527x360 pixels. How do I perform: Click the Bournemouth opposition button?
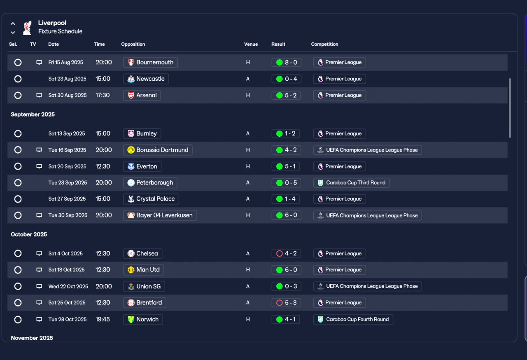[x=150, y=62]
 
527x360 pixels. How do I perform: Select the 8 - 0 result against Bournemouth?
[x=286, y=62]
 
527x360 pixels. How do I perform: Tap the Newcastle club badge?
[x=131, y=79]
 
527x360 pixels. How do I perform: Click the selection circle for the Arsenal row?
[x=18, y=95]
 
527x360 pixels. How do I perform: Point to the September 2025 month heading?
[x=33, y=115]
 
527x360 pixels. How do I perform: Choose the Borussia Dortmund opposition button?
[x=158, y=150]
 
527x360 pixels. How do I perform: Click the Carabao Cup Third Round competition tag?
[x=351, y=182]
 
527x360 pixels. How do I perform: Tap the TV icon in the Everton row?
[x=39, y=166]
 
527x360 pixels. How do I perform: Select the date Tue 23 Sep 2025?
[x=68, y=182]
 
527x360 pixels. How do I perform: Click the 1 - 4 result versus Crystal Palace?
[x=286, y=199]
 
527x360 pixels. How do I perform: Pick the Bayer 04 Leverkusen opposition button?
[x=160, y=215]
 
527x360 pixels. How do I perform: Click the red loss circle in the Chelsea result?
[x=279, y=253]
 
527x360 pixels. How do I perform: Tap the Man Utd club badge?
[x=131, y=270]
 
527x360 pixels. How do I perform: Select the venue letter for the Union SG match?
[x=248, y=286]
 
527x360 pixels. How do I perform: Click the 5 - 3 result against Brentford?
[x=286, y=303]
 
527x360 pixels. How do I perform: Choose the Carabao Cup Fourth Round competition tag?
[x=353, y=319]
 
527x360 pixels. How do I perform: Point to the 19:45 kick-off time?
[x=103, y=319]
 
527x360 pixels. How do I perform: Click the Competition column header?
[x=324, y=44]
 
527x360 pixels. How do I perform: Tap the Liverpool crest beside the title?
[x=27, y=28]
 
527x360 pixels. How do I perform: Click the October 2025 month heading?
[x=29, y=234]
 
